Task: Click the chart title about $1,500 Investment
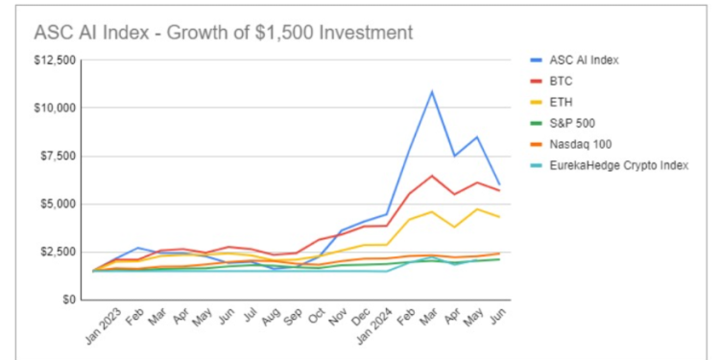coord(224,33)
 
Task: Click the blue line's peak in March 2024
coord(432,92)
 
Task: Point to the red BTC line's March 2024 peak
coord(432,176)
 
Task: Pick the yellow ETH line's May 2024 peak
coord(476,209)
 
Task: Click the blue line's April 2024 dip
coord(454,156)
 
